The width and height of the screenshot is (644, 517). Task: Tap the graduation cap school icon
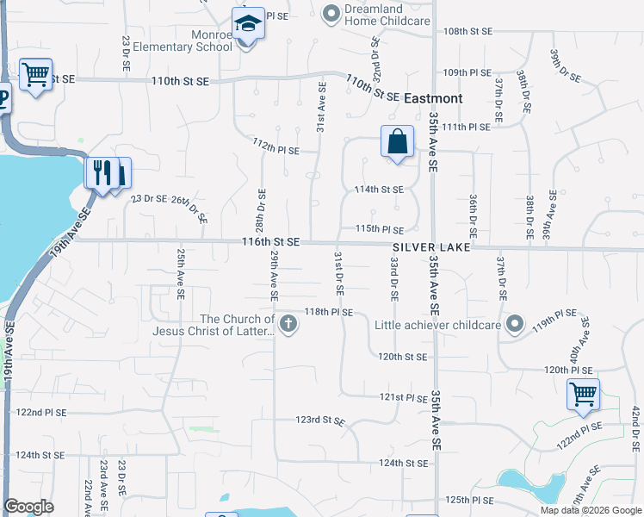click(248, 23)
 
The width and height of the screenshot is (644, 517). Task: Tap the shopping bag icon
click(397, 142)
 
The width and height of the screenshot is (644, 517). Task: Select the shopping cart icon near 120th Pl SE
click(584, 395)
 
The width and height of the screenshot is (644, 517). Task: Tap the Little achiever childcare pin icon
click(515, 325)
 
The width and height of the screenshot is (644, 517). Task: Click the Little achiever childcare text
click(437, 325)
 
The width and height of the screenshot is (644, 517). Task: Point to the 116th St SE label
click(271, 243)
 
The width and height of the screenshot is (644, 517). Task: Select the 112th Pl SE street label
click(276, 148)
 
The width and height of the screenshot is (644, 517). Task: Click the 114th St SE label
click(380, 189)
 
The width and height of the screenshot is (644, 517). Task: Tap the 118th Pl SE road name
click(328, 312)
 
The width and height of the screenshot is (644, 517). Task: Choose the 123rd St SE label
click(320, 421)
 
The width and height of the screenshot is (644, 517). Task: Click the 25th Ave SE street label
click(181, 273)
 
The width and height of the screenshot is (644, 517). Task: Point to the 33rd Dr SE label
click(393, 277)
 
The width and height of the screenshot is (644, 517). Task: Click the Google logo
click(28, 507)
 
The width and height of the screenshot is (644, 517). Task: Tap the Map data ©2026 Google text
click(590, 509)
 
